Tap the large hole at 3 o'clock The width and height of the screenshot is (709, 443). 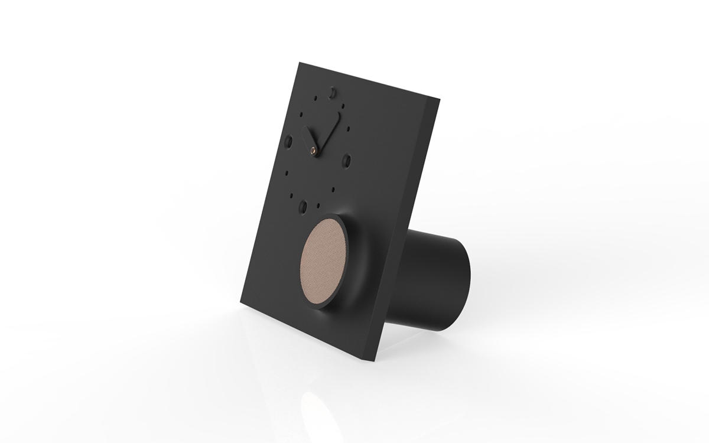(347, 159)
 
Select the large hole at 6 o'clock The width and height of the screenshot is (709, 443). (303, 206)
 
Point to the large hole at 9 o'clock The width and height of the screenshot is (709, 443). (289, 142)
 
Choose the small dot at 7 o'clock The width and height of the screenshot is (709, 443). (291, 193)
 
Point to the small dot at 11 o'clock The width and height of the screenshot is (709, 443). (317, 96)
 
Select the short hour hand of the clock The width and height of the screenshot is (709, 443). (308, 138)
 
